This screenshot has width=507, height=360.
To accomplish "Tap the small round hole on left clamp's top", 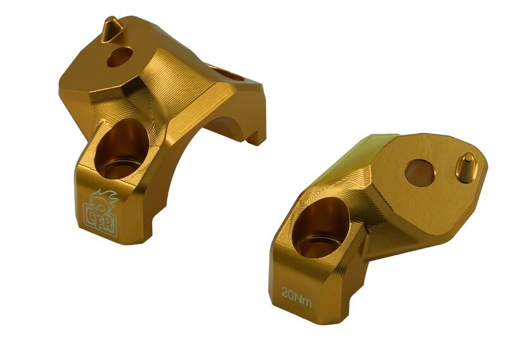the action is click(119, 56).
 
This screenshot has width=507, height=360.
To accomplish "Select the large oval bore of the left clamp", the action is click(122, 149).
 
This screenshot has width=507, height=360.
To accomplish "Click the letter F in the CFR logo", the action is click(100, 221).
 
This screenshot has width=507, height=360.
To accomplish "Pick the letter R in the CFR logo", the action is click(110, 223).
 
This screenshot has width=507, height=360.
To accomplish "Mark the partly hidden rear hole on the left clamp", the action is click(227, 74).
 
